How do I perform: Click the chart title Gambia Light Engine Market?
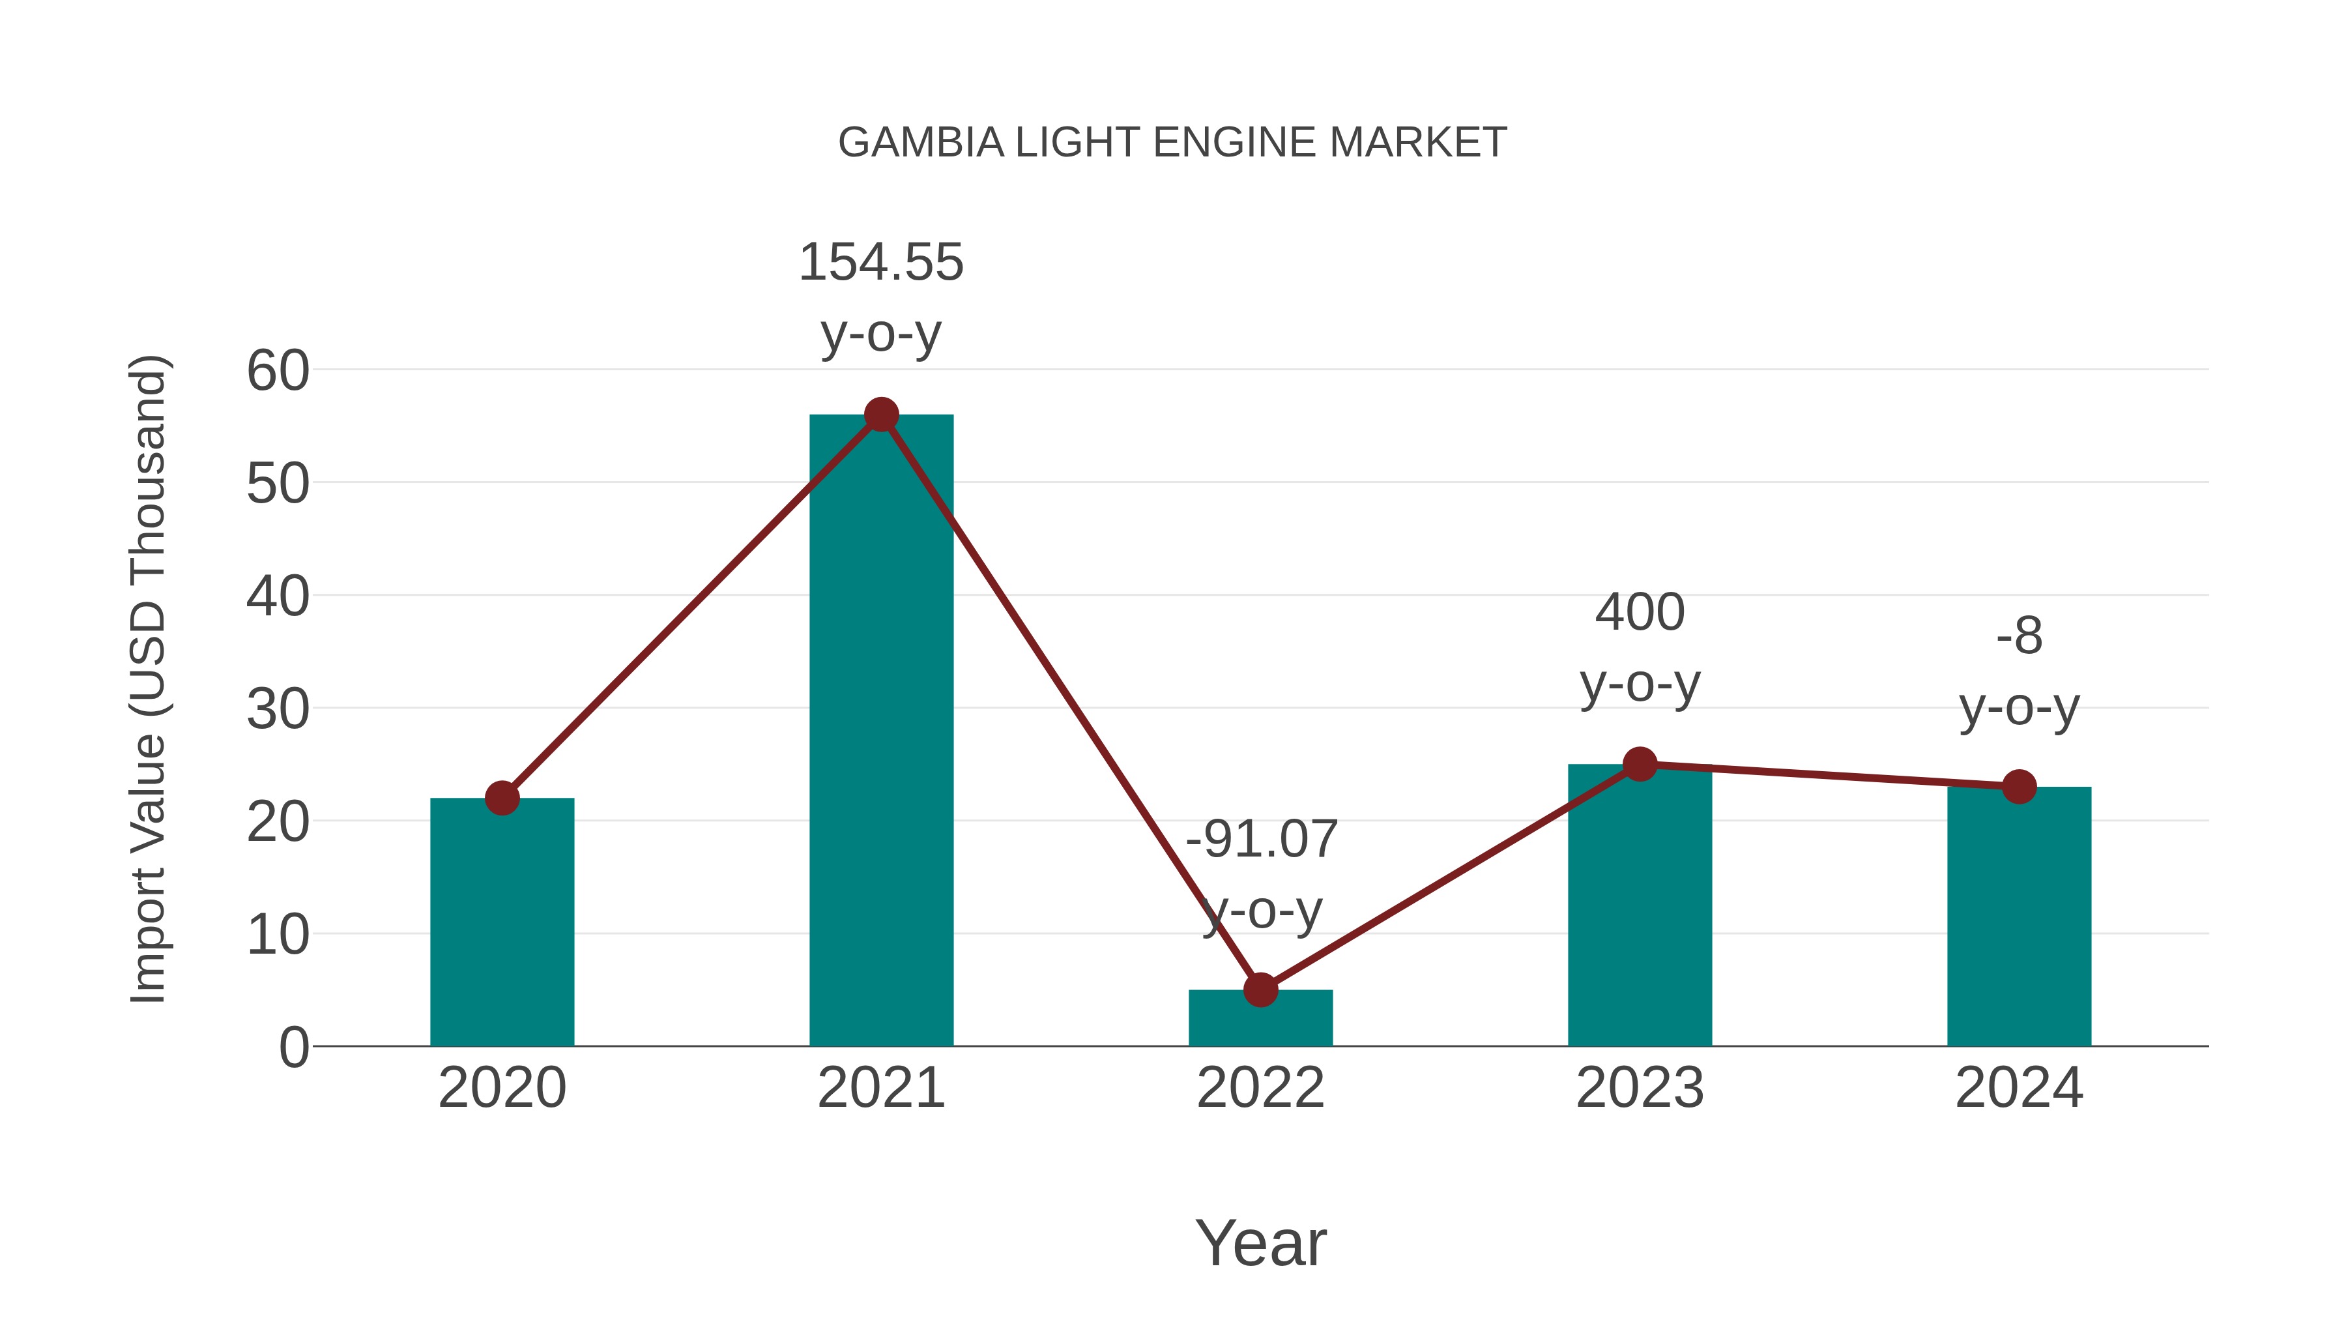pyautogui.click(x=1172, y=143)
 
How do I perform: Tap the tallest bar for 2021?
pyautogui.click(x=880, y=729)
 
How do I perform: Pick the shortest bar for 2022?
pyautogui.click(x=1260, y=1018)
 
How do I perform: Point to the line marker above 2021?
pyautogui.click(x=880, y=415)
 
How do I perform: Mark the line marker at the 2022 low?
pyautogui.click(x=1260, y=990)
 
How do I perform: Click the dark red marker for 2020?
pyautogui.click(x=502, y=798)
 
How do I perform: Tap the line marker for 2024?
pyautogui.click(x=2019, y=786)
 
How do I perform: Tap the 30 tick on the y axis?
pyautogui.click(x=278, y=710)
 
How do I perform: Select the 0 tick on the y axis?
pyautogui.click(x=293, y=1048)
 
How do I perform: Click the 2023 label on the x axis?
pyautogui.click(x=1640, y=1088)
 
